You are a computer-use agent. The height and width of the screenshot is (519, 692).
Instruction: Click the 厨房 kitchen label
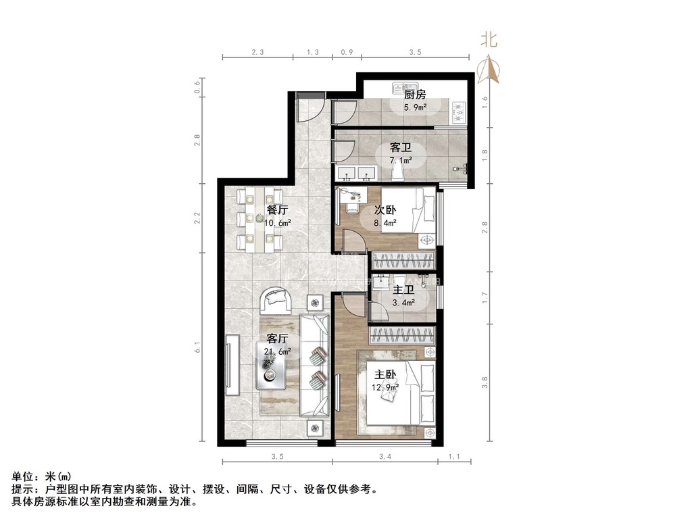[415, 95]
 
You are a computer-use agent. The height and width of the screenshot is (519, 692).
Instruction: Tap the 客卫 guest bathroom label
[400, 147]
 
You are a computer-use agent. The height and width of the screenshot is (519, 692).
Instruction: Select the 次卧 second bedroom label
[385, 210]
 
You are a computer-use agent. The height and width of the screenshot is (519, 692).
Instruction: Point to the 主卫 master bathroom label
[403, 290]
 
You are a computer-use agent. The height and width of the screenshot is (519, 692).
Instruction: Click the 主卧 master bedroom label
[385, 374]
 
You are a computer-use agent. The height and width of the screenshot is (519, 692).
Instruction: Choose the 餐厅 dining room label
[277, 210]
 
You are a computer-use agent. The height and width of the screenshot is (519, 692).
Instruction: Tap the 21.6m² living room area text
[277, 351]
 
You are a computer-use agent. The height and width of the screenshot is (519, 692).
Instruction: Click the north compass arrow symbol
[489, 69]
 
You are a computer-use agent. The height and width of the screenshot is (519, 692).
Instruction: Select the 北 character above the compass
[489, 40]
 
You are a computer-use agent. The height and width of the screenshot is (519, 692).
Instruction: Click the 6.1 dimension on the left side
[198, 347]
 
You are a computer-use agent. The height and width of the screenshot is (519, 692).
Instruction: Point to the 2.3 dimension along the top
[257, 52]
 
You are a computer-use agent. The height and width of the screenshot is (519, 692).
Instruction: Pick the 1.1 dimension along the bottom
[454, 457]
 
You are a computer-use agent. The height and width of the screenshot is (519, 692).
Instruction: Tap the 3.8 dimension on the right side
[485, 382]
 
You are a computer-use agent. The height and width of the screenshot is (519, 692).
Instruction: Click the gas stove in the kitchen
[459, 112]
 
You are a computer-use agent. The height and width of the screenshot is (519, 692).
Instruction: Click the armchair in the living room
[276, 301]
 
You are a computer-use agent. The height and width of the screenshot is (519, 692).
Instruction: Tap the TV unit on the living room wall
[232, 366]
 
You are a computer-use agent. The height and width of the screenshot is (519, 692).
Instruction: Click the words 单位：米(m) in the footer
[41, 476]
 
